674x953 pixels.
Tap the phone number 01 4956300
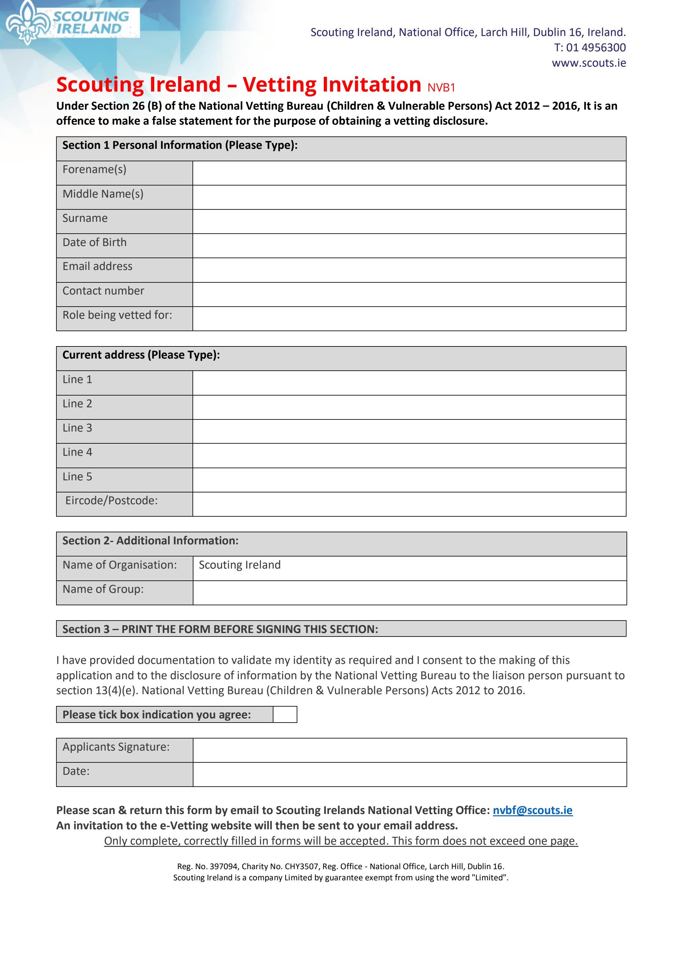[x=596, y=48]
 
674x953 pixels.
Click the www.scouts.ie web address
[x=589, y=63]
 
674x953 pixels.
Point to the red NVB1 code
[x=441, y=88]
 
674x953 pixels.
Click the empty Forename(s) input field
[x=409, y=173]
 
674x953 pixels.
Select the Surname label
[x=85, y=218]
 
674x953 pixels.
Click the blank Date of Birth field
[x=409, y=246]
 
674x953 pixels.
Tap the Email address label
[x=98, y=266]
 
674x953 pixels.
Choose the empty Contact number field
[x=409, y=295]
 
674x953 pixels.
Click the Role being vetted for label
[x=117, y=315]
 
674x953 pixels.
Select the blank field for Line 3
[x=409, y=432]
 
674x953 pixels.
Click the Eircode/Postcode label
[x=111, y=501]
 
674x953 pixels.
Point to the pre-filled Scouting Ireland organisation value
[x=240, y=565]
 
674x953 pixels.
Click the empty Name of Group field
[x=409, y=593]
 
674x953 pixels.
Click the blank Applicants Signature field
[x=409, y=750]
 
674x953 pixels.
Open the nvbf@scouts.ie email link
[x=533, y=810]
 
